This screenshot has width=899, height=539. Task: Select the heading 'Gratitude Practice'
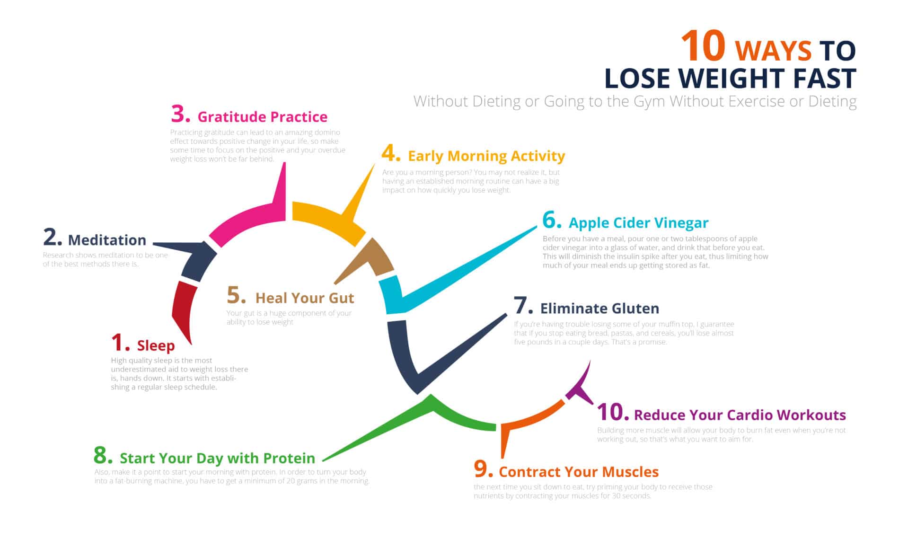tap(262, 117)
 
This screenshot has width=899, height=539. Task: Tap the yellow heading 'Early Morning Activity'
tap(486, 156)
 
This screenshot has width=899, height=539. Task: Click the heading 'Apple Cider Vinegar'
tap(638, 223)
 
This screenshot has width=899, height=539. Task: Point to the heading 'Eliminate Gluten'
tap(599, 309)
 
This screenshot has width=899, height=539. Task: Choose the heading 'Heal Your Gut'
tap(305, 298)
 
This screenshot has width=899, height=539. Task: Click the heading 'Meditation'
tap(107, 240)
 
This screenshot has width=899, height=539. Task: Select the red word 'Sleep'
tap(156, 346)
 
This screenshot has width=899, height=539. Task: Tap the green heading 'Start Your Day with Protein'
tap(217, 458)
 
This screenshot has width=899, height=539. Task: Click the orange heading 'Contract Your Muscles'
tap(579, 472)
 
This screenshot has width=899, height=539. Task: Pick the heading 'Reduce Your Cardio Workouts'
tap(740, 415)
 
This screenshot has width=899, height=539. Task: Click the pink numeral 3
tap(180, 114)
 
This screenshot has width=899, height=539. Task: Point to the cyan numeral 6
tap(551, 220)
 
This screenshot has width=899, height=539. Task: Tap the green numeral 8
tap(103, 455)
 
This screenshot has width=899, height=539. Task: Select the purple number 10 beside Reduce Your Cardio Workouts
tap(612, 412)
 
